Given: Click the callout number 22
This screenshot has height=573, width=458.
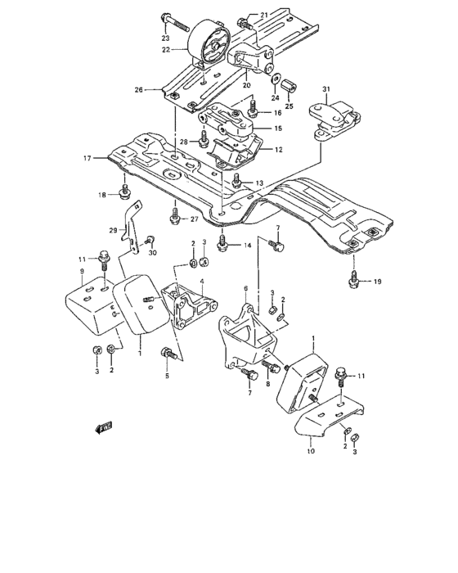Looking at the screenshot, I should pyautogui.click(x=167, y=50).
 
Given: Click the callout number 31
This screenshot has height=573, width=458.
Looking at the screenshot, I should pyautogui.click(x=326, y=88).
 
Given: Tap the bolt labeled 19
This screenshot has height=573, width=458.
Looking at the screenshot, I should pyautogui.click(x=352, y=280).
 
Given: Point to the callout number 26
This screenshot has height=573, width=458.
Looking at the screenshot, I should pyautogui.click(x=138, y=89).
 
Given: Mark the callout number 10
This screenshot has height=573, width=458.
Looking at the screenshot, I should pyautogui.click(x=311, y=452).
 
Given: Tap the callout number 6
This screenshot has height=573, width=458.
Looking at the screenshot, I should pyautogui.click(x=245, y=288).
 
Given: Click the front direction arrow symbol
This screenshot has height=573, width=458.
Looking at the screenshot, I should pyautogui.click(x=103, y=426).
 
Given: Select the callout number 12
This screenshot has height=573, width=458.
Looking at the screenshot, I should pyautogui.click(x=278, y=150).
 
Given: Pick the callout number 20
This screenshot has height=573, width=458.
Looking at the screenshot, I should pyautogui.click(x=245, y=84).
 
